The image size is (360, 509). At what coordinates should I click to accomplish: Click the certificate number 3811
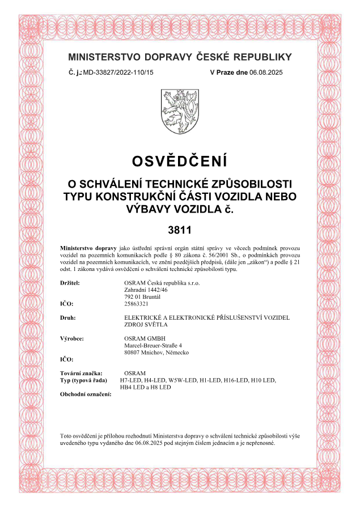click(x=180, y=230)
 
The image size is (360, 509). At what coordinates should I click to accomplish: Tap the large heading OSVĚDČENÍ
click(x=180, y=161)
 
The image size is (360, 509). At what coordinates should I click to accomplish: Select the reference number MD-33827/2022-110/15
click(x=118, y=73)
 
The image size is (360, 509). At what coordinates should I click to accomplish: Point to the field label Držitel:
click(x=70, y=282)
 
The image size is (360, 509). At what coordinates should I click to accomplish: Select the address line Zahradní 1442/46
click(x=138, y=289)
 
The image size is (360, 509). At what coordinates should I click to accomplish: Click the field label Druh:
click(x=67, y=317)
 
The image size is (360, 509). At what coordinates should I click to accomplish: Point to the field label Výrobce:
click(x=72, y=338)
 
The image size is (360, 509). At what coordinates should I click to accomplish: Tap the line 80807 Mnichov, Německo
click(x=156, y=353)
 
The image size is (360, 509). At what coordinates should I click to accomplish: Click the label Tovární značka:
click(x=81, y=373)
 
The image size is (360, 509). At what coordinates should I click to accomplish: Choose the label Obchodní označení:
click(x=86, y=394)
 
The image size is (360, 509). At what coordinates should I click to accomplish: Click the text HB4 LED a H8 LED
click(x=146, y=387)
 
